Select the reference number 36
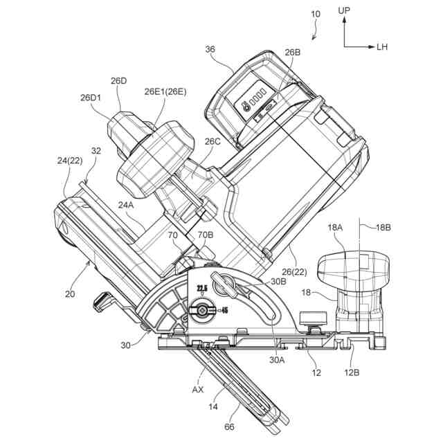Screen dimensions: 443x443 210,49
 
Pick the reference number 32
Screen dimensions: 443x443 96,150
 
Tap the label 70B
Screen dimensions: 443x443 206,235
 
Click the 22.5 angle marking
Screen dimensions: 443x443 201,289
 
